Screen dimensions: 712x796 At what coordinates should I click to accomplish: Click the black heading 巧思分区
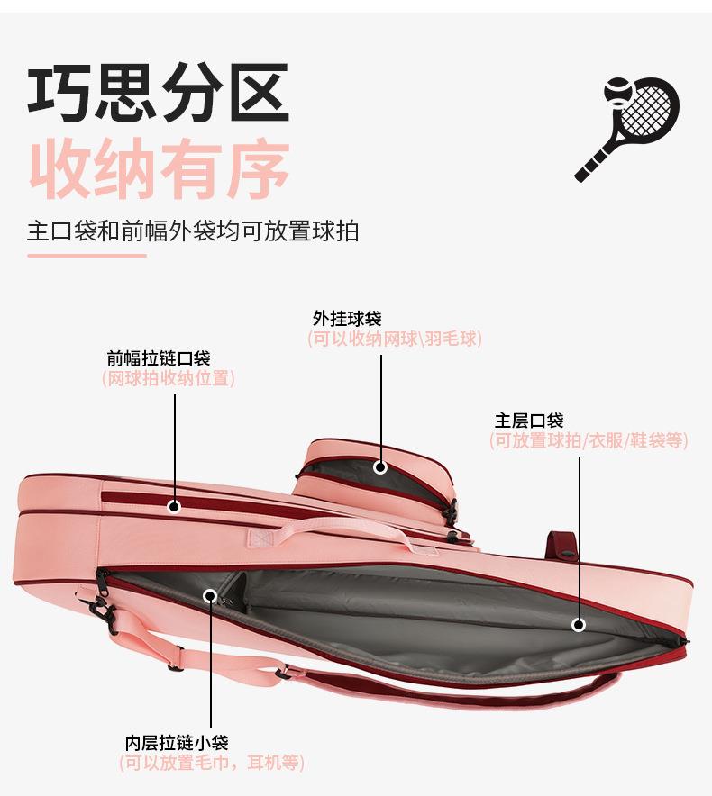[158, 93]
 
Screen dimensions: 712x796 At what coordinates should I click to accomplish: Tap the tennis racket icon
[629, 126]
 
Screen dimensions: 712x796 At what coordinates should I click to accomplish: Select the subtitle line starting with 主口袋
[193, 231]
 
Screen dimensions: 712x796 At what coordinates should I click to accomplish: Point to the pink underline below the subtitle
[87, 256]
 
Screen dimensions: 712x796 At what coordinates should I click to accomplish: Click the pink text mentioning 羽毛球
[395, 339]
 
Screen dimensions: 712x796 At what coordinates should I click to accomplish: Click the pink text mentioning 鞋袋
[589, 441]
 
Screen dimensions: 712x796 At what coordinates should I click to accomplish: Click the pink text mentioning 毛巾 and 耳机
[212, 764]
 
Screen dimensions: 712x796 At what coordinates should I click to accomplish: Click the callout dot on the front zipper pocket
[174, 507]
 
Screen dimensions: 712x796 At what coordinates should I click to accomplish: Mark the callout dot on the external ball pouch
[380, 467]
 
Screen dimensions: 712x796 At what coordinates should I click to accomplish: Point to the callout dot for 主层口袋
[579, 624]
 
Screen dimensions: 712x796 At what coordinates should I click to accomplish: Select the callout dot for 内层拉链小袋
[210, 595]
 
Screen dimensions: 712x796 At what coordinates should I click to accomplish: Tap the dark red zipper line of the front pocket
[135, 497]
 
